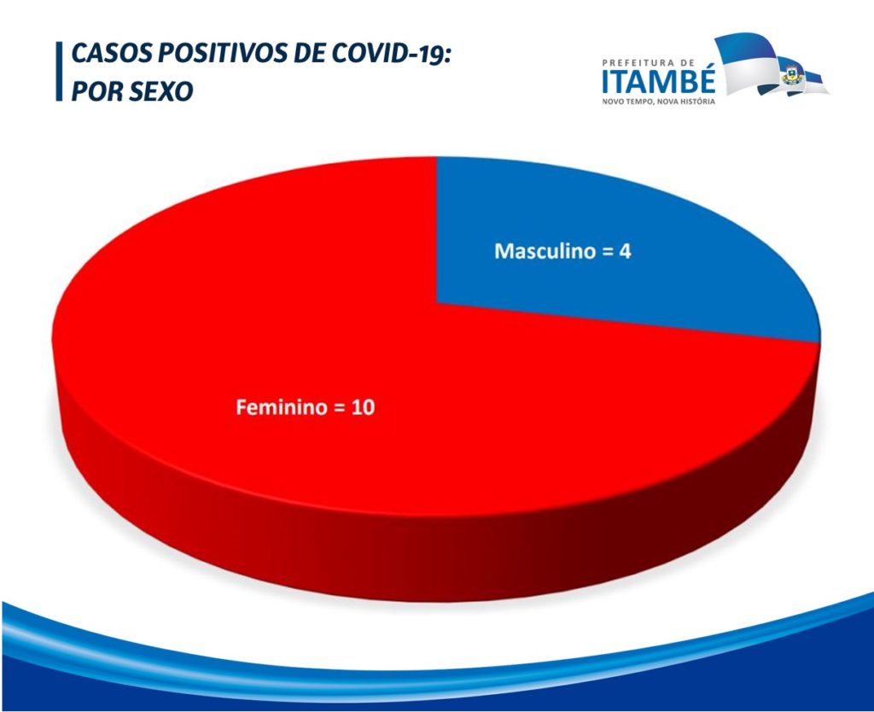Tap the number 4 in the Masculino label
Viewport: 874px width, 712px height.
click(625, 252)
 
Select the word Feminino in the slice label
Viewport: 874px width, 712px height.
click(282, 407)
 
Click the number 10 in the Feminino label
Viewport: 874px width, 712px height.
click(363, 407)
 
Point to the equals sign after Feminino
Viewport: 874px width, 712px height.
click(339, 408)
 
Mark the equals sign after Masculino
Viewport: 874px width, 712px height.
click(607, 252)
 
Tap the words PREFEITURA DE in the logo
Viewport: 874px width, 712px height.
click(649, 63)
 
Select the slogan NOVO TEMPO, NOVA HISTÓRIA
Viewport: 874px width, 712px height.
click(658, 102)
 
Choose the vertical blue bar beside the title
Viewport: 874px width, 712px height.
click(59, 72)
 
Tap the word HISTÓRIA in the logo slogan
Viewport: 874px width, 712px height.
click(696, 102)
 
